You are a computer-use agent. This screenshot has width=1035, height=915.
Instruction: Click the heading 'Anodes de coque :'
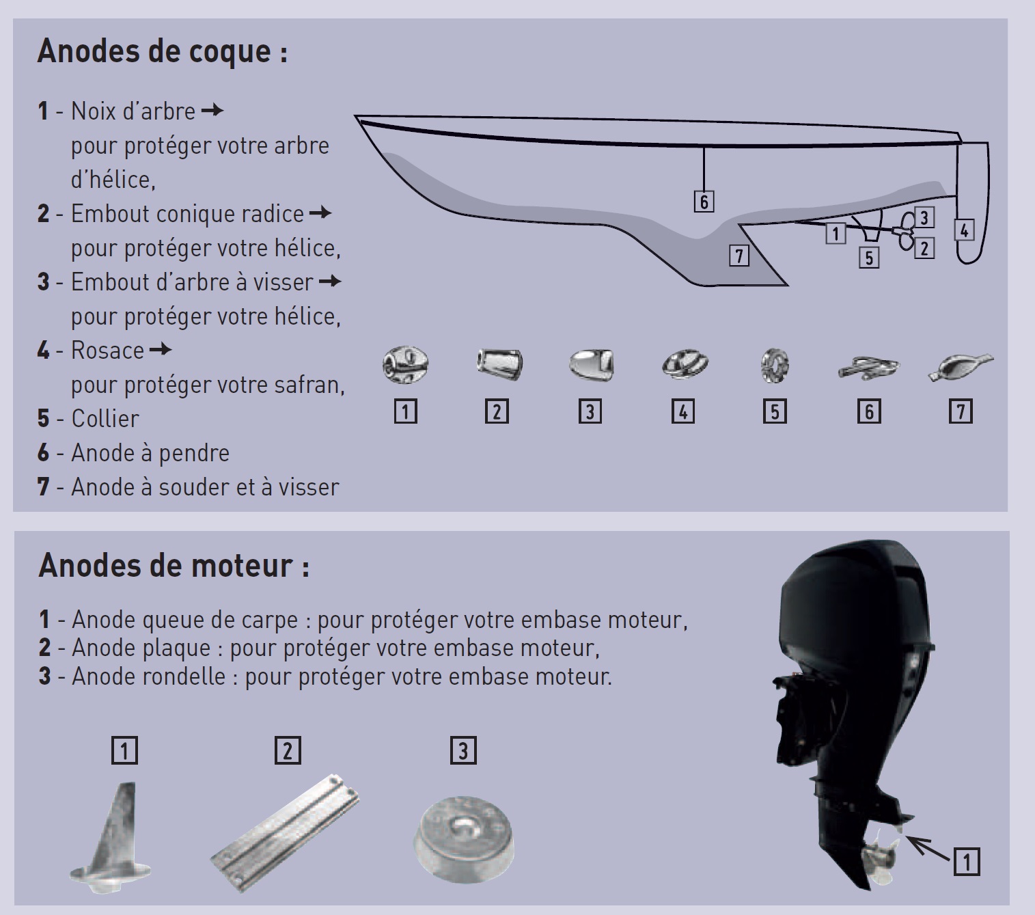click(x=162, y=51)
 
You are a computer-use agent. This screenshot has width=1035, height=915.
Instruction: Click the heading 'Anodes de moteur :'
click(x=174, y=566)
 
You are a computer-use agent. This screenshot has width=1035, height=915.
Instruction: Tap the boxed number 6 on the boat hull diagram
click(x=704, y=201)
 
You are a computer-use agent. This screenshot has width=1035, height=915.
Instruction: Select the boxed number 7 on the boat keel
click(x=739, y=256)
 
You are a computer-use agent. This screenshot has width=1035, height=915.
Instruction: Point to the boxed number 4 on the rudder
click(x=963, y=230)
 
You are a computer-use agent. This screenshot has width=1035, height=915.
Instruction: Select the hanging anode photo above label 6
click(x=868, y=368)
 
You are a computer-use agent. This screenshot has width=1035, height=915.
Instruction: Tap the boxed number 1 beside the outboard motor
click(x=966, y=862)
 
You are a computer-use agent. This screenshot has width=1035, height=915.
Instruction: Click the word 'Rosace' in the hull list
click(x=107, y=351)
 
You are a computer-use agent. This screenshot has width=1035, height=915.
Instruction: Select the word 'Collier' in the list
click(x=105, y=419)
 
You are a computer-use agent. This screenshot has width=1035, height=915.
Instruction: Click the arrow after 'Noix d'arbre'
click(x=213, y=111)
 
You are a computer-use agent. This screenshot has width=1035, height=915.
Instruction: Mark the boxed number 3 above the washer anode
click(x=463, y=750)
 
